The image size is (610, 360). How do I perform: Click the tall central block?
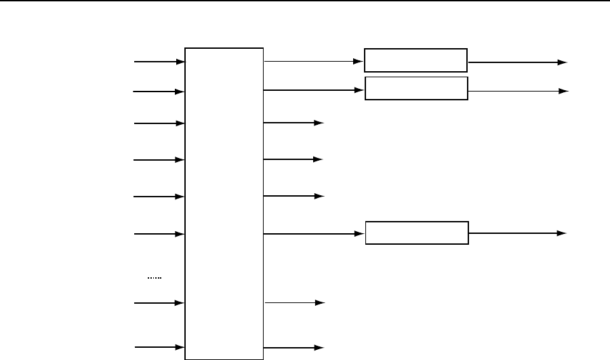[224, 203]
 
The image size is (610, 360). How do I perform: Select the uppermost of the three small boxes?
[416, 60]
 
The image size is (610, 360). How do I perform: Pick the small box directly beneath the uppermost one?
[417, 88]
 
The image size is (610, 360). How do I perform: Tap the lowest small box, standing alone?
[417, 233]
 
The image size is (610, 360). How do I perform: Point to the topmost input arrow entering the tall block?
[160, 62]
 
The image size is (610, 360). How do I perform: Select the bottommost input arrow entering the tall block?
[160, 348]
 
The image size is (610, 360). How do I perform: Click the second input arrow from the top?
[160, 91]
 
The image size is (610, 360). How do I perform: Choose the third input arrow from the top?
[160, 123]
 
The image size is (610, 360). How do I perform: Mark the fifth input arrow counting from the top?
[160, 197]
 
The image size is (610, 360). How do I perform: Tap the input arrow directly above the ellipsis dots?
[160, 234]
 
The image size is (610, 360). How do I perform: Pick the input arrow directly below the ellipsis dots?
[160, 302]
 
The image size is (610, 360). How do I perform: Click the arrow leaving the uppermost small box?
[517, 62]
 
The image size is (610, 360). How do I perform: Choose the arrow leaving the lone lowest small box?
[517, 233]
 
